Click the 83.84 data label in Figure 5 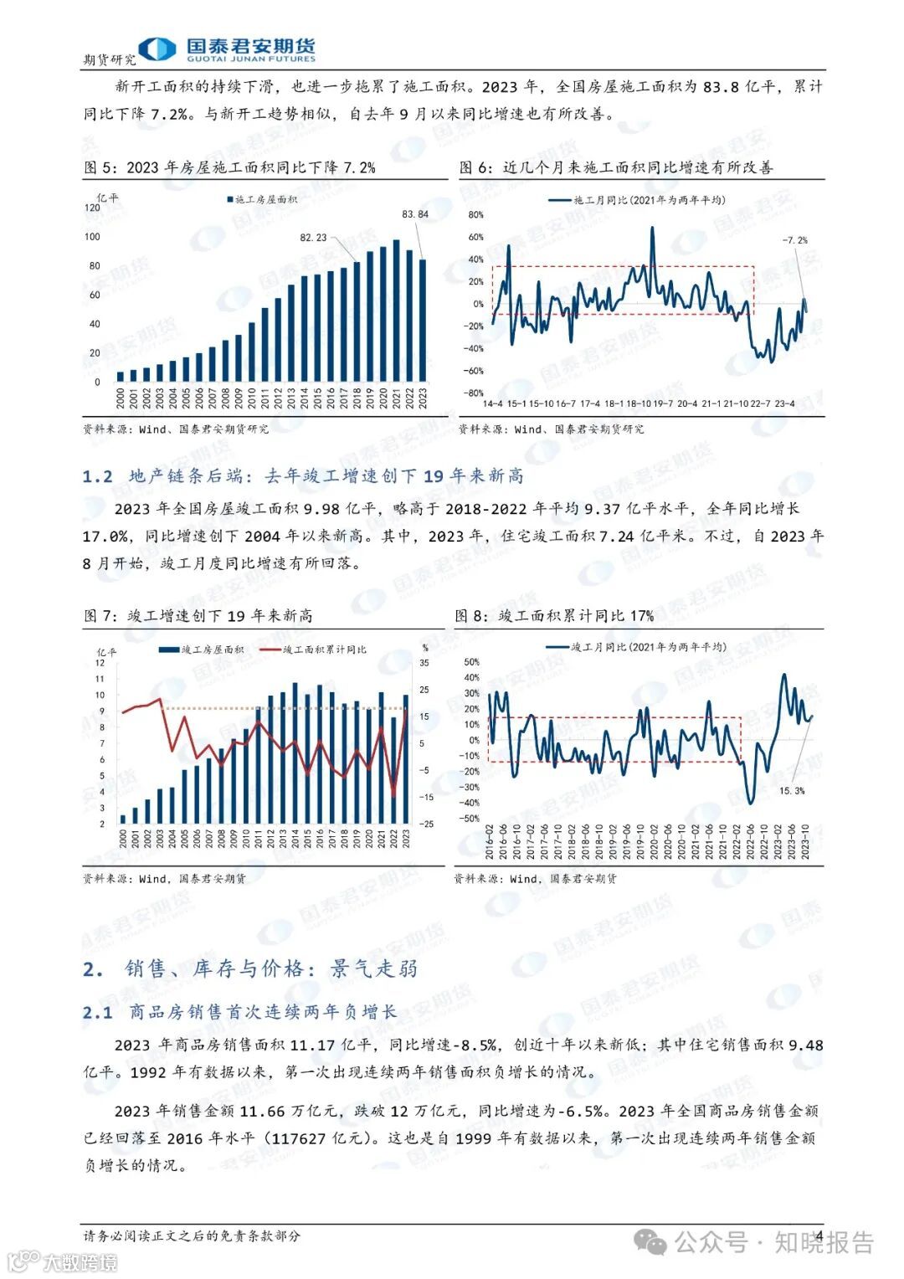415,214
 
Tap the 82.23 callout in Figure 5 313,238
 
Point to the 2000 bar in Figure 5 121,377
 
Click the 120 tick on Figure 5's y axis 91,208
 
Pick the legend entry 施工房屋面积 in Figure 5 261,200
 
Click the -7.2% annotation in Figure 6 794,240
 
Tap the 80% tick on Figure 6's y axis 475,215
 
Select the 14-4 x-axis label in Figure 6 492,403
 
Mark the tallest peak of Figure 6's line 652,229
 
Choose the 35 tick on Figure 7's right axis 424,663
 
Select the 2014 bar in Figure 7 295,753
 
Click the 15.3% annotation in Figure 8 791,790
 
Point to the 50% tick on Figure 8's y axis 471,663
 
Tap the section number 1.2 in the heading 97,476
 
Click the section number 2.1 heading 97,1013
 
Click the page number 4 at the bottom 819,1236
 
